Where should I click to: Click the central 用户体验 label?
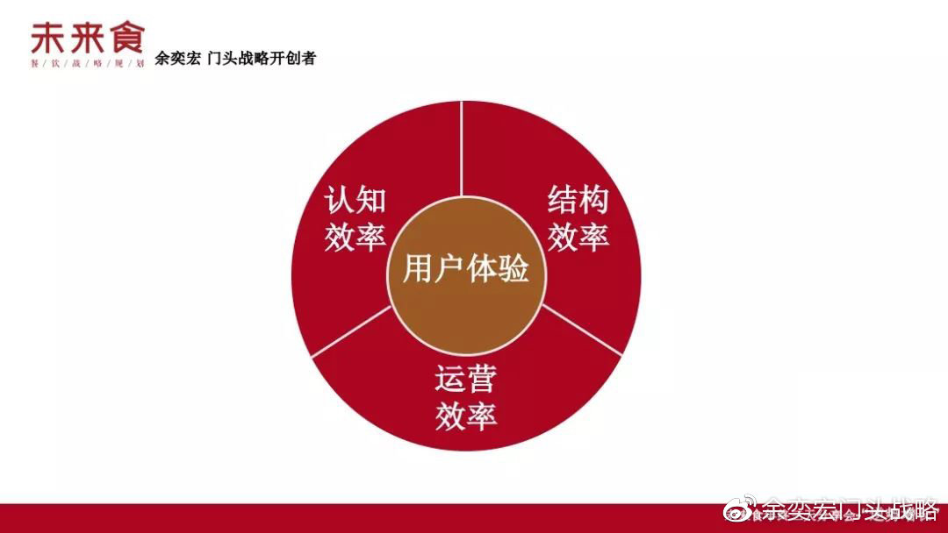click(465, 270)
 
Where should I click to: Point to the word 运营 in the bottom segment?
click(465, 379)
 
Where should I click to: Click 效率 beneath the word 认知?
click(355, 237)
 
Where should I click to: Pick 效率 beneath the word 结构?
click(578, 237)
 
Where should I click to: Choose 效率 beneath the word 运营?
click(465, 416)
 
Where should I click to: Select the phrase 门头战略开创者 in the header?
click(262, 60)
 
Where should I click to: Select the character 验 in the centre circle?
click(513, 270)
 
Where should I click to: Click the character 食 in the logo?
click(126, 38)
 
